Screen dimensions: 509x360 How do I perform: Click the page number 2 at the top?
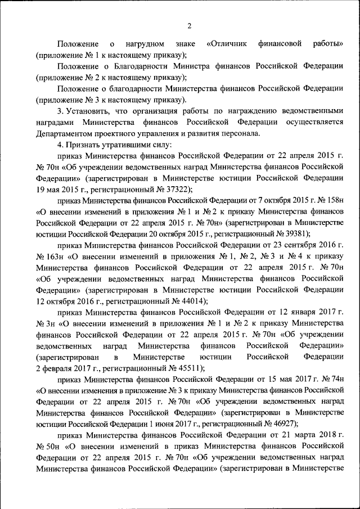coord(190,25)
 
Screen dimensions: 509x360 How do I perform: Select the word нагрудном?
coord(146,43)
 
